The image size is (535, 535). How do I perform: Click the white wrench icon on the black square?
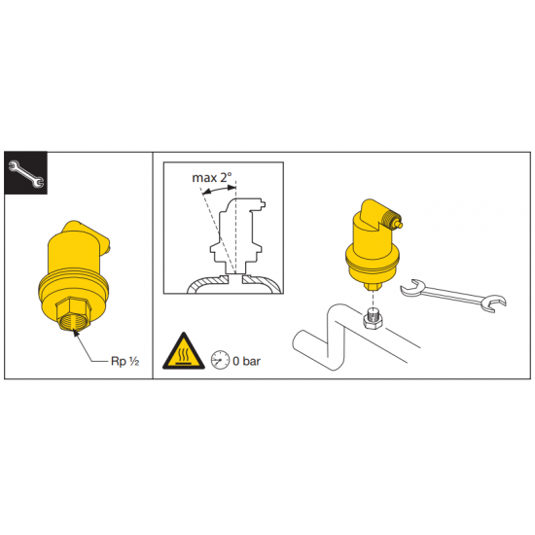[x=26, y=174]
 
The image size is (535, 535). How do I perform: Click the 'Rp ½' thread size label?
[x=125, y=361]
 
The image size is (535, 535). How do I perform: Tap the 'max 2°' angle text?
[x=211, y=177]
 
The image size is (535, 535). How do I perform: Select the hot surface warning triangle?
[x=184, y=351]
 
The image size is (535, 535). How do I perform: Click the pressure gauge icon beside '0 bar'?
[x=220, y=360]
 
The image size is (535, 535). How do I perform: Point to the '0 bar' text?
[x=246, y=361]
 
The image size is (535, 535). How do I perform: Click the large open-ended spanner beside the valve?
[x=453, y=295]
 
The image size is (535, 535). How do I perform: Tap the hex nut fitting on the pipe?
[x=373, y=319]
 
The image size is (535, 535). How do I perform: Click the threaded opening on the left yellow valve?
[x=74, y=321]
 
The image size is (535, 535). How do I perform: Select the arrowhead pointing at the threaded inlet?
[x=77, y=333]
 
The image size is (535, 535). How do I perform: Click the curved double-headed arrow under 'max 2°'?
[x=219, y=190]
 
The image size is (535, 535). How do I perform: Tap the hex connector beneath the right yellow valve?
[x=373, y=286]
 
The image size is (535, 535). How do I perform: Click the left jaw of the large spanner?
[x=412, y=288]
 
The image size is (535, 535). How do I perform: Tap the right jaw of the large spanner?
[x=494, y=303]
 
